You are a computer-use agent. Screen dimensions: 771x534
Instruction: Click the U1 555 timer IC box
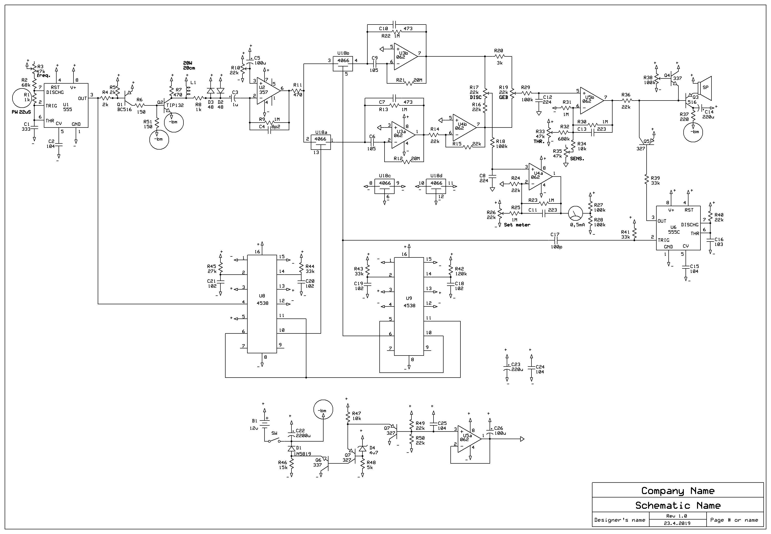66,105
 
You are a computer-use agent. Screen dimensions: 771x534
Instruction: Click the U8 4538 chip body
262,304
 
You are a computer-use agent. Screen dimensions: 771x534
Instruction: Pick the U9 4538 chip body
409,306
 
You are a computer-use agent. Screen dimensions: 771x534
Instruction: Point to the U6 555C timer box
678,228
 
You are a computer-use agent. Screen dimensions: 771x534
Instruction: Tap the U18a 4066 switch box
321,142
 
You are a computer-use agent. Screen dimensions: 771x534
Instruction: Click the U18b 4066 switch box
343,63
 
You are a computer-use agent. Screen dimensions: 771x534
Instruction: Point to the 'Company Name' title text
678,491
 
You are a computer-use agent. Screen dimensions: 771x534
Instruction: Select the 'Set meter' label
517,225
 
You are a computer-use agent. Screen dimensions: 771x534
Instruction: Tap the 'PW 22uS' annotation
21,112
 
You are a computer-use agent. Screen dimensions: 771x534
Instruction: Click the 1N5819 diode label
302,454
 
